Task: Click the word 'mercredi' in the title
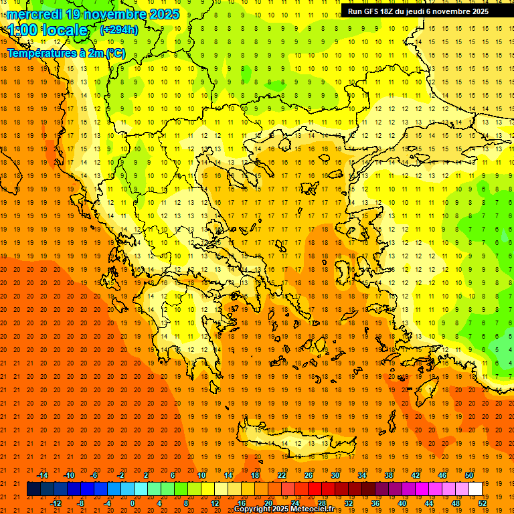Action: coord(33,14)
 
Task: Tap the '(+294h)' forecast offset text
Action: coord(118,29)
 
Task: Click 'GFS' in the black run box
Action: coord(370,11)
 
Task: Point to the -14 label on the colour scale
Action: coord(42,475)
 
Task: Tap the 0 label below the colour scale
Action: coord(133,503)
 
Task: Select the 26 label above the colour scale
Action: coord(309,475)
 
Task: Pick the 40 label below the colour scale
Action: coord(402,503)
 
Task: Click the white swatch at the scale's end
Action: coord(475,489)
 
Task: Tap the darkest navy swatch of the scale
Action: coord(33,489)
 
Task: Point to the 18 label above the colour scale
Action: coord(255,475)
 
